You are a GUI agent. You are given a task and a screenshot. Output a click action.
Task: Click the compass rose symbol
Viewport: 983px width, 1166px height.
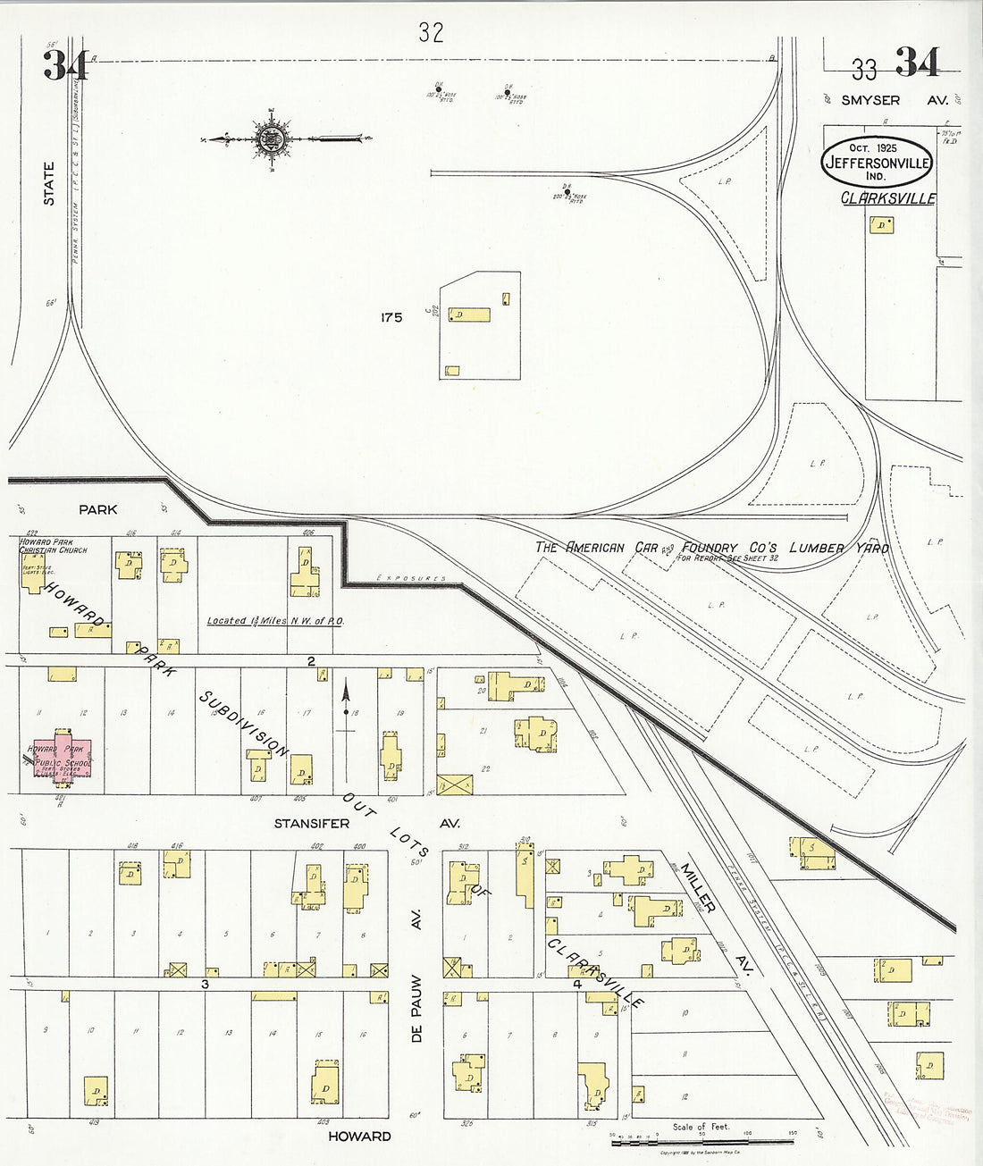[272, 138]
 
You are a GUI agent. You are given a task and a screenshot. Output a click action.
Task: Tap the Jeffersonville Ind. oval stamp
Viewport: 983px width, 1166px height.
[877, 162]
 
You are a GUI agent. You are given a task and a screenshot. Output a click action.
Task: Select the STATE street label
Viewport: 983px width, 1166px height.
[49, 183]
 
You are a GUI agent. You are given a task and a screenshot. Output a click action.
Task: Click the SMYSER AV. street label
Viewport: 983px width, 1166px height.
[894, 100]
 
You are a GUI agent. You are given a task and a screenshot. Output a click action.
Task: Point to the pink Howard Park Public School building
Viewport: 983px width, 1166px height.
[62, 761]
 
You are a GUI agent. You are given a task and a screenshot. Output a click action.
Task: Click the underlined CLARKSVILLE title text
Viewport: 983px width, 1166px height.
[888, 198]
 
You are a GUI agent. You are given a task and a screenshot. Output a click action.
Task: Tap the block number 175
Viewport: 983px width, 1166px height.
[391, 317]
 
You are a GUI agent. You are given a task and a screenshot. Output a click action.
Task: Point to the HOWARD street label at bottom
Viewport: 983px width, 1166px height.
[359, 1136]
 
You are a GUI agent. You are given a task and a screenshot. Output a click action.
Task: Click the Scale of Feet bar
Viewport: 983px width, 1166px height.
[701, 1141]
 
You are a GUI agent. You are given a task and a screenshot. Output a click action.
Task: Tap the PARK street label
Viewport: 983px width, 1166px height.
[98, 509]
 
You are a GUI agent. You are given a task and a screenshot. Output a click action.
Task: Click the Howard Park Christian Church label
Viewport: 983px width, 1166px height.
[54, 546]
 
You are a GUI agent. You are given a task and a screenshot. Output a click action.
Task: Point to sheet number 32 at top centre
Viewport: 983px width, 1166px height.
[431, 33]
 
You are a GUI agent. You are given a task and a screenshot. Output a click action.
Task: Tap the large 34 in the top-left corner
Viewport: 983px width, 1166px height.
[65, 64]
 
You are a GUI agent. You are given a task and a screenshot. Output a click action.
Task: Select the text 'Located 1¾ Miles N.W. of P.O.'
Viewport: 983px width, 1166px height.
[275, 621]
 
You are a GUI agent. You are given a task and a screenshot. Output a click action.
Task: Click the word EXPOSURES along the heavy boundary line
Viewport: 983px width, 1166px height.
[411, 579]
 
